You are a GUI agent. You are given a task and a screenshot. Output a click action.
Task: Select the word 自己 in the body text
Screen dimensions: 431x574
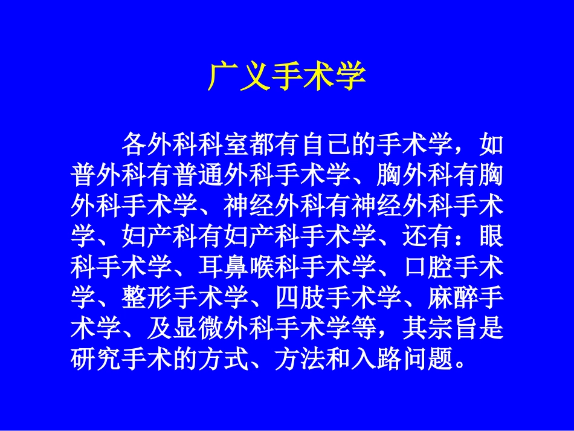tap(338, 145)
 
